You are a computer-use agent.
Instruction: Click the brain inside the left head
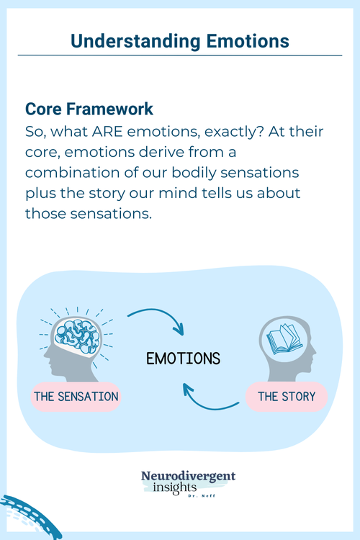[x=75, y=339]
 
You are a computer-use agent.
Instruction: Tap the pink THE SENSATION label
[x=76, y=396]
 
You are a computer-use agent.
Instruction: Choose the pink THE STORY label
[x=286, y=396]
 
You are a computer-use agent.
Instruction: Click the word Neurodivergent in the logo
[x=189, y=476]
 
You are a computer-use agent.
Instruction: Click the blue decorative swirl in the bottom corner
[x=22, y=517]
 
